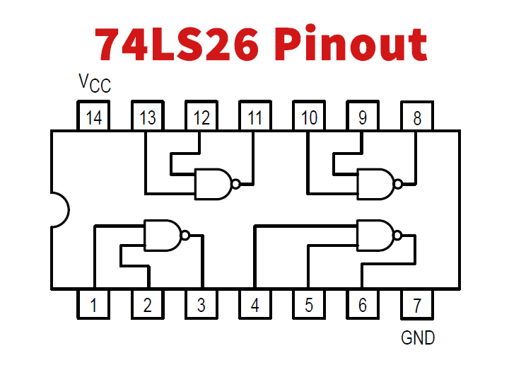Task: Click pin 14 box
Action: pyautogui.click(x=94, y=117)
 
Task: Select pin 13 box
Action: pyautogui.click(x=148, y=117)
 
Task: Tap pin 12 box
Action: pyautogui.click(x=201, y=117)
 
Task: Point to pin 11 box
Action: pyautogui.click(x=255, y=117)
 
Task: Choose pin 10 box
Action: pyautogui.click(x=309, y=117)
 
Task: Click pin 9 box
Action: pyautogui.click(x=363, y=117)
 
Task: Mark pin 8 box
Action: pyautogui.click(x=417, y=117)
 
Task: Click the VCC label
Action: pyautogui.click(x=94, y=84)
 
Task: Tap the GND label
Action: pyautogui.click(x=418, y=338)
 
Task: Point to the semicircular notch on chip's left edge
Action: pyautogui.click(x=59, y=210)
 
